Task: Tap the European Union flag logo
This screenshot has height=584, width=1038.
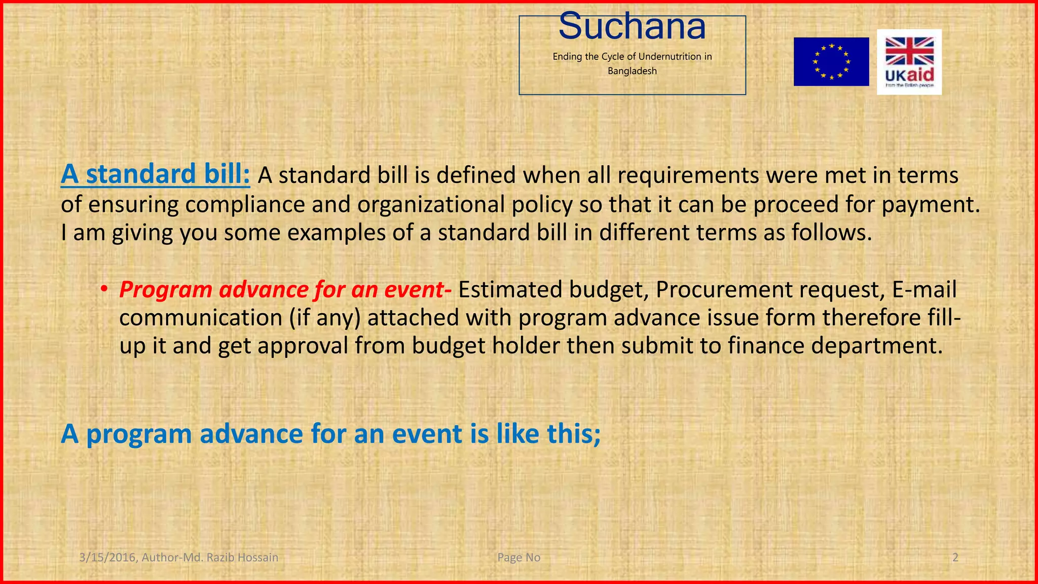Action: pos(831,62)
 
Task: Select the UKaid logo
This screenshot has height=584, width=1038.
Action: pos(909,62)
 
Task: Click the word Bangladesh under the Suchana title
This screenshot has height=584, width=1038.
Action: pos(632,71)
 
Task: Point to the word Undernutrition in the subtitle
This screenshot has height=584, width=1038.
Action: pos(669,56)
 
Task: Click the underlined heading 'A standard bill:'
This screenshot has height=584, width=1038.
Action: pos(155,174)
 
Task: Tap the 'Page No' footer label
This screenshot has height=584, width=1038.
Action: pos(518,558)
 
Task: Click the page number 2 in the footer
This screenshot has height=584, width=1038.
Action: pos(955,558)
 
